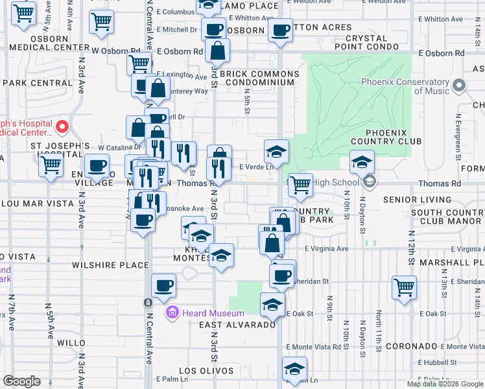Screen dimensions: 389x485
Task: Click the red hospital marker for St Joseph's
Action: click(63, 126)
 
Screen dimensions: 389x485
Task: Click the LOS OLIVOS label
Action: click(206, 371)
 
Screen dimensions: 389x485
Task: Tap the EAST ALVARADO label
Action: click(230, 324)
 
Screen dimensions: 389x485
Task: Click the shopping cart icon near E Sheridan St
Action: click(404, 287)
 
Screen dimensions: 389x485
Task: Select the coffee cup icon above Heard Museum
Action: click(163, 285)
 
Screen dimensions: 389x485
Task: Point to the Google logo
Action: click(21, 381)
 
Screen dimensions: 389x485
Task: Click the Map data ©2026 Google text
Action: click(445, 384)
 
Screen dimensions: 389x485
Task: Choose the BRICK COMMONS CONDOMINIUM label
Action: click(259, 78)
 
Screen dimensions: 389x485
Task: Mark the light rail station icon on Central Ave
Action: click(148, 302)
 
